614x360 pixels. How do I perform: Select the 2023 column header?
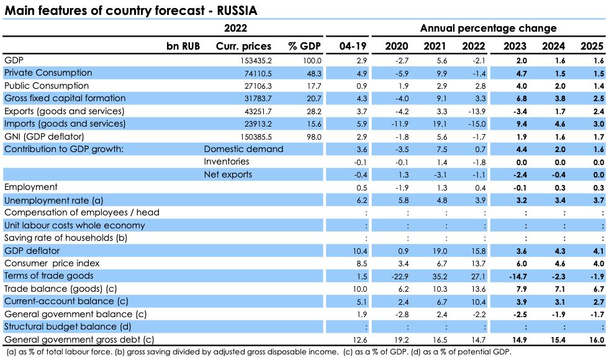pos(516,46)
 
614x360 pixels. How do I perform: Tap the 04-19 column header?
pos(353,46)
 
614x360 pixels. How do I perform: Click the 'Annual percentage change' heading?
pos(488,29)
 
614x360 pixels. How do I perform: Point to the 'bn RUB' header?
pos(183,46)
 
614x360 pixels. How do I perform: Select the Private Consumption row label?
pos(48,73)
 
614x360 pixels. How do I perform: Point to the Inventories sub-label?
pos(227,161)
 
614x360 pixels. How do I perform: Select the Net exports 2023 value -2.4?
pos(517,174)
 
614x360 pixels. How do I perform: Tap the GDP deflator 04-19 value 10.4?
pos(360,250)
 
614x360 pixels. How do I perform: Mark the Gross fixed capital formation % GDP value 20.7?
pos(314,98)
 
